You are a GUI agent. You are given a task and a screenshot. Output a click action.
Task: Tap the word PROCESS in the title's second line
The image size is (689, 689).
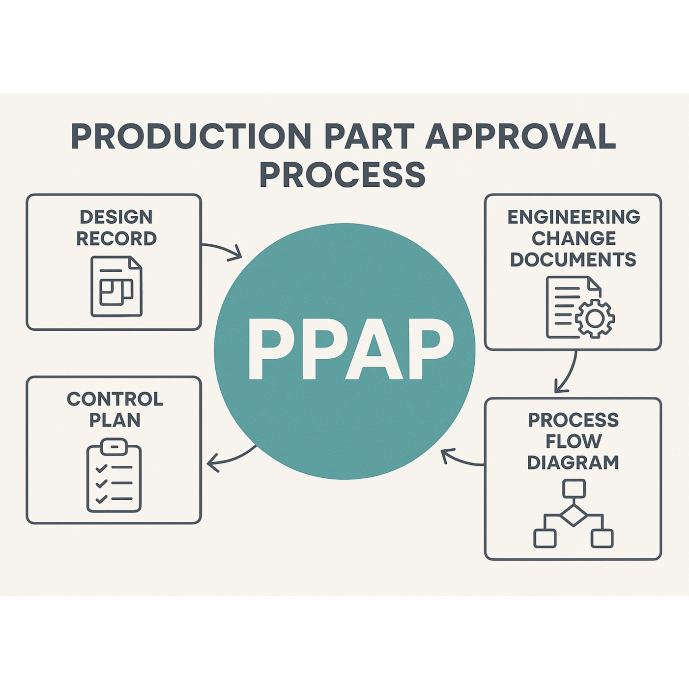pyautogui.click(x=343, y=174)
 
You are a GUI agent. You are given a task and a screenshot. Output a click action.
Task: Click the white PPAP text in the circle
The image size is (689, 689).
pyautogui.click(x=350, y=349)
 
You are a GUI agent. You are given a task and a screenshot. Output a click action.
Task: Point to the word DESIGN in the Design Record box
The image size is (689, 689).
pyautogui.click(x=116, y=217)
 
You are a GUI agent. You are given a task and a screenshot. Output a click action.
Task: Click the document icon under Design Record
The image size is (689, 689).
pyautogui.click(x=116, y=286)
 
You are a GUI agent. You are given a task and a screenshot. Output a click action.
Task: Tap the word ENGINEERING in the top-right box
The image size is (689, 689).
pyautogui.click(x=574, y=217)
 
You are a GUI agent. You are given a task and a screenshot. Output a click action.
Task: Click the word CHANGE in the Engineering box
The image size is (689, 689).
pyautogui.click(x=574, y=238)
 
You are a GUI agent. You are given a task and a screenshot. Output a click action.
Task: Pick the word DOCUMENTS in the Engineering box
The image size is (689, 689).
pyautogui.click(x=573, y=259)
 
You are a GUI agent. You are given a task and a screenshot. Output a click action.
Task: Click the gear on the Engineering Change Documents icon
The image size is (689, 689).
pyautogui.click(x=595, y=318)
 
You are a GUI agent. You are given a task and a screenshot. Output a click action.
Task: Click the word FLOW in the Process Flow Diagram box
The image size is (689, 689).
pyautogui.click(x=574, y=441)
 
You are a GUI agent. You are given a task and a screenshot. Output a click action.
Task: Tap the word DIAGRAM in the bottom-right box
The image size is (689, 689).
pyautogui.click(x=573, y=462)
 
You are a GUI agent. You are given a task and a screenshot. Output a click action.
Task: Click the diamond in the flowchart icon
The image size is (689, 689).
pyautogui.click(x=574, y=515)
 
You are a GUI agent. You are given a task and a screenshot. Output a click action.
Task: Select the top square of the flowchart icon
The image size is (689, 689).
pyautogui.click(x=574, y=488)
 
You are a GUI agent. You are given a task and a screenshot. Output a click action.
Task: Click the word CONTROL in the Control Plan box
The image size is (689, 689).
pyautogui.click(x=115, y=399)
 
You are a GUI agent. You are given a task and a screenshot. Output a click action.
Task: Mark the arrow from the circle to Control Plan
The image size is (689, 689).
pyautogui.click(x=231, y=458)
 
